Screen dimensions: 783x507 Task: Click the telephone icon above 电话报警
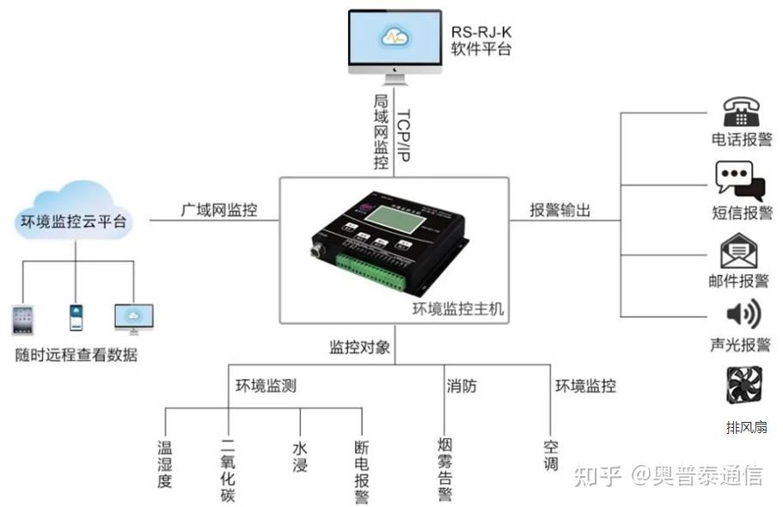(740, 112)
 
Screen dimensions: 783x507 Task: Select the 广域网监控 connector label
(218, 210)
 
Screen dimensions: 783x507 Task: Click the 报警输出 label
(560, 210)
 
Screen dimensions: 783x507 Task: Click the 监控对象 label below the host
(360, 348)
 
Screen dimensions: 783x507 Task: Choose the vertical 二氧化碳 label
(229, 469)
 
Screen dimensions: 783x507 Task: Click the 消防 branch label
(461, 386)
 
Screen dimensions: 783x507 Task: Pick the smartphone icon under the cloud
(76, 317)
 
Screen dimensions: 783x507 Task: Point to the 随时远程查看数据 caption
(76, 354)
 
